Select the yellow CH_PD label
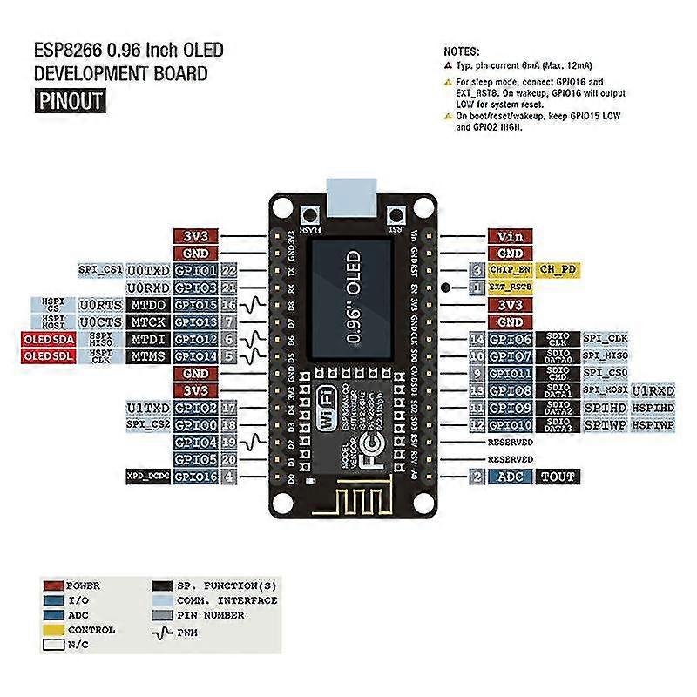point(558,270)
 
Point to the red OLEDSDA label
point(47,338)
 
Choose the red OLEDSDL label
point(47,355)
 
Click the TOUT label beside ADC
point(558,477)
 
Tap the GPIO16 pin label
point(196,477)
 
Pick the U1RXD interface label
point(653,389)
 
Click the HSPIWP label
point(653,424)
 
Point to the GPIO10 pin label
point(510,424)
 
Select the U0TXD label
point(148,270)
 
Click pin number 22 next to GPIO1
point(228,270)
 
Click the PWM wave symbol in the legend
point(163,630)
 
